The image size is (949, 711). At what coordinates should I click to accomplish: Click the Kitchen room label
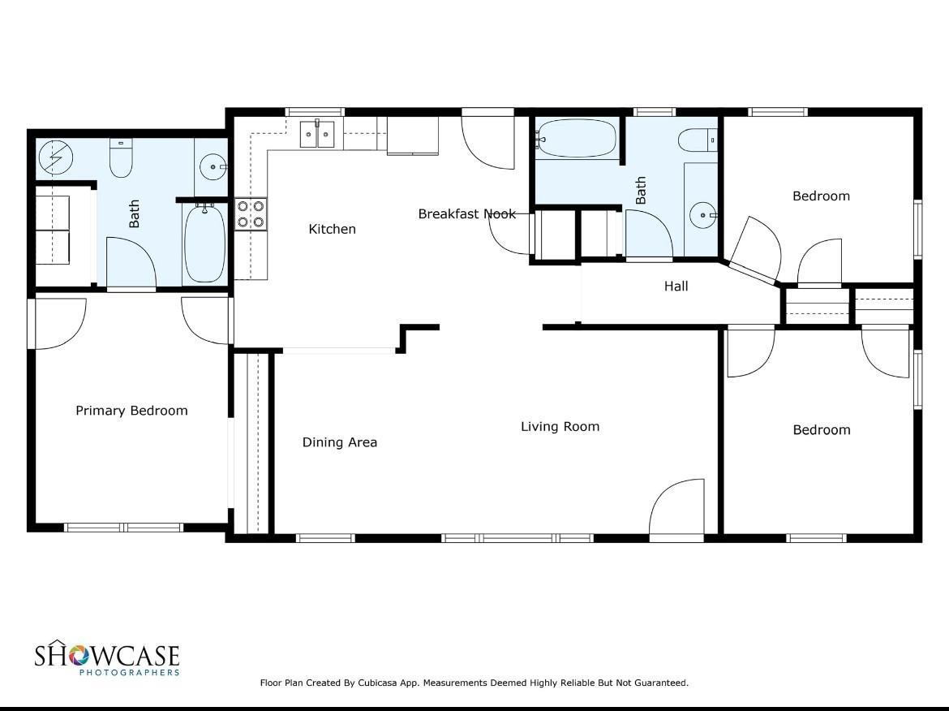pos(332,229)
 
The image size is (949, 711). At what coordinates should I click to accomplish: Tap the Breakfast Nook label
pos(466,213)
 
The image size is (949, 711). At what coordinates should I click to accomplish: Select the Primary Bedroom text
pos(131,411)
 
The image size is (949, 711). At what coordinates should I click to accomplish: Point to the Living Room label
pos(560,426)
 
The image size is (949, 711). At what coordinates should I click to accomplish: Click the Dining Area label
pos(340,442)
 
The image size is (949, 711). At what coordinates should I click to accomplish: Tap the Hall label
pos(676,286)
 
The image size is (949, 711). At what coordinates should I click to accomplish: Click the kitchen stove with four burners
pos(251,213)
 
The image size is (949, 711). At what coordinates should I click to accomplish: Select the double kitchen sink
pos(317,134)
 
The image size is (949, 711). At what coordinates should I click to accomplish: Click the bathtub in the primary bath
pos(205,243)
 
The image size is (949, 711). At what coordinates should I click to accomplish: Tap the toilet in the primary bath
pos(120,158)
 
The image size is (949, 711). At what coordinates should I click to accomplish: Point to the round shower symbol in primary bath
pos(56,157)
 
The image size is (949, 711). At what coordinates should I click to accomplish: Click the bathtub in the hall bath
pos(576,139)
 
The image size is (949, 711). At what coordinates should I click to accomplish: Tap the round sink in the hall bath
pos(703,215)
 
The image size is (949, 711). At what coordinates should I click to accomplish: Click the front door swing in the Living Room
pos(676,507)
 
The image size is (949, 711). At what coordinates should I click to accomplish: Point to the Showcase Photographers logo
pos(107,657)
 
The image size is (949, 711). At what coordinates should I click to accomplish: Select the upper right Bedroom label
pos(821,196)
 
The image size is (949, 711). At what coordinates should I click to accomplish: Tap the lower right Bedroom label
pos(822,430)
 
